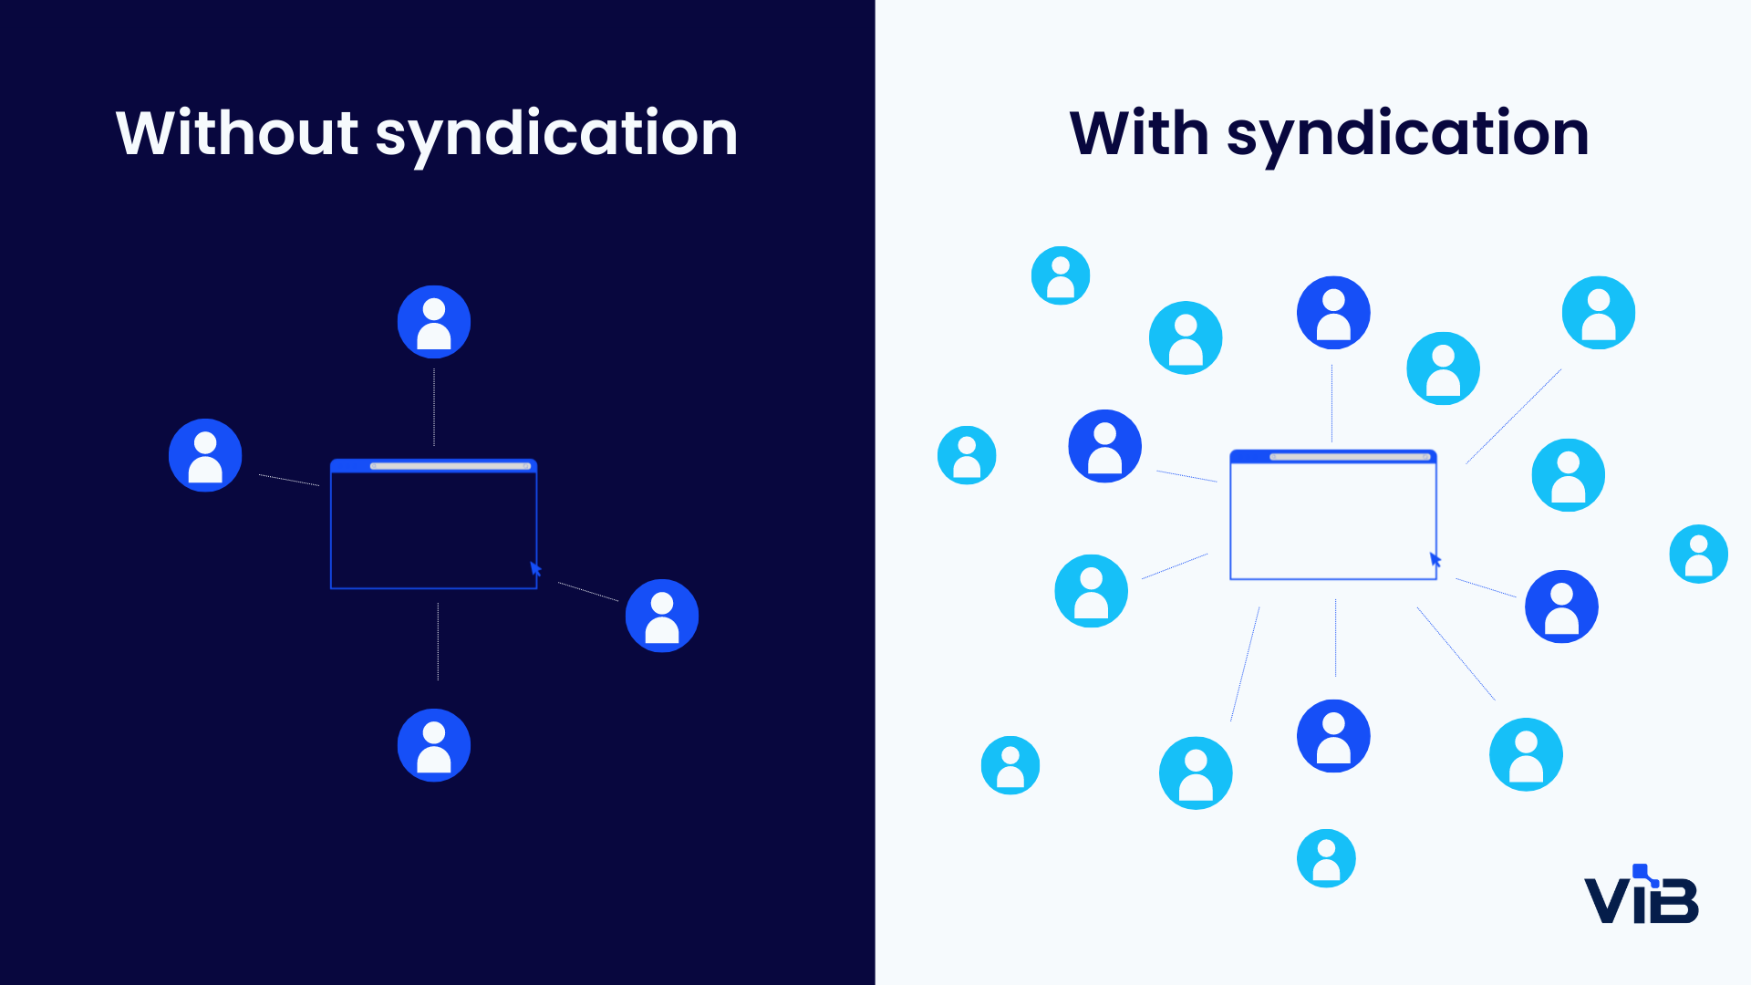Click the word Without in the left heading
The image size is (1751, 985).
tap(236, 133)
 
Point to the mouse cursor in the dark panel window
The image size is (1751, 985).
tap(535, 569)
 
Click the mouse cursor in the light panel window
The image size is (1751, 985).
tap(1435, 559)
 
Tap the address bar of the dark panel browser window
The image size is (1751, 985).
tap(451, 466)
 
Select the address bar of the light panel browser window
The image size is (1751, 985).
tap(1350, 456)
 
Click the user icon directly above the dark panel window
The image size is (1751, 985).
tap(434, 322)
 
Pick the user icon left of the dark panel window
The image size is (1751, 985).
tap(205, 455)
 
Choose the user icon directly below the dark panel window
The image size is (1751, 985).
tap(434, 745)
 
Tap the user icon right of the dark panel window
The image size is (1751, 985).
tap(662, 616)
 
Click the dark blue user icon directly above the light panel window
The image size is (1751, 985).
tap(1333, 313)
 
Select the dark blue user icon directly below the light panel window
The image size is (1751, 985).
tap(1333, 736)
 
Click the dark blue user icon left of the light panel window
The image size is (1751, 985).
tap(1104, 446)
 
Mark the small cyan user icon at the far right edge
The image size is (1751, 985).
tap(1698, 554)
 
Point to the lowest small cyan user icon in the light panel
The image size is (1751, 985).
tap(1326, 858)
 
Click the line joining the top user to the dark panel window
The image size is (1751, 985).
tap(434, 407)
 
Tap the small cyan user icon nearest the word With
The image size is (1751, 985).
tap(1061, 275)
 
